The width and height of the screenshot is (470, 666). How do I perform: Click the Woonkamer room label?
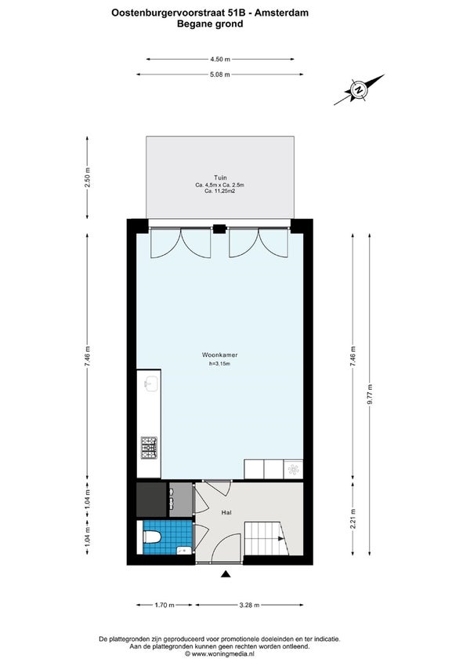point(219,355)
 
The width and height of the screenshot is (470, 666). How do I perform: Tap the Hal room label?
point(226,513)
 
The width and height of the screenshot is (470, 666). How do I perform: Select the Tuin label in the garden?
point(220,177)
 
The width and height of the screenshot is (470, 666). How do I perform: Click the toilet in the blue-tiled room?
point(152,537)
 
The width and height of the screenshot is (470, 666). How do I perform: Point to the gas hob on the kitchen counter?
point(150,448)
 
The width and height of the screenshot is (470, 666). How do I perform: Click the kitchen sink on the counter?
point(151,384)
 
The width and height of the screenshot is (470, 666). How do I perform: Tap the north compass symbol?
point(359,90)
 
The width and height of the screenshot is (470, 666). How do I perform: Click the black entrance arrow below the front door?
point(226,574)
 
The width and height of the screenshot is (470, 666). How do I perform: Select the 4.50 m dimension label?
point(220,60)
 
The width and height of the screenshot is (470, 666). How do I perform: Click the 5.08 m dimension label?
point(220,75)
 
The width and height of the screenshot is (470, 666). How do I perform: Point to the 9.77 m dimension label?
point(370,394)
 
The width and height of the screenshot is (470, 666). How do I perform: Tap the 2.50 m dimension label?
point(88,177)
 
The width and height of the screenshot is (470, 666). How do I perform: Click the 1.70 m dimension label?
point(164,605)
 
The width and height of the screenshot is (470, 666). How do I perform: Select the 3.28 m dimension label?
point(249,605)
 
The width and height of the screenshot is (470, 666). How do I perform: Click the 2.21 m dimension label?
point(353,519)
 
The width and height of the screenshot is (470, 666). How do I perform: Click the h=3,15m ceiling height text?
point(220,364)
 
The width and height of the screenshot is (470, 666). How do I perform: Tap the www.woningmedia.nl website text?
point(219,654)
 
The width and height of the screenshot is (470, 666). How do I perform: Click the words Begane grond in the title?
point(210,24)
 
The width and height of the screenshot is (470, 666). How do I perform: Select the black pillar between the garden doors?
point(219,228)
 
